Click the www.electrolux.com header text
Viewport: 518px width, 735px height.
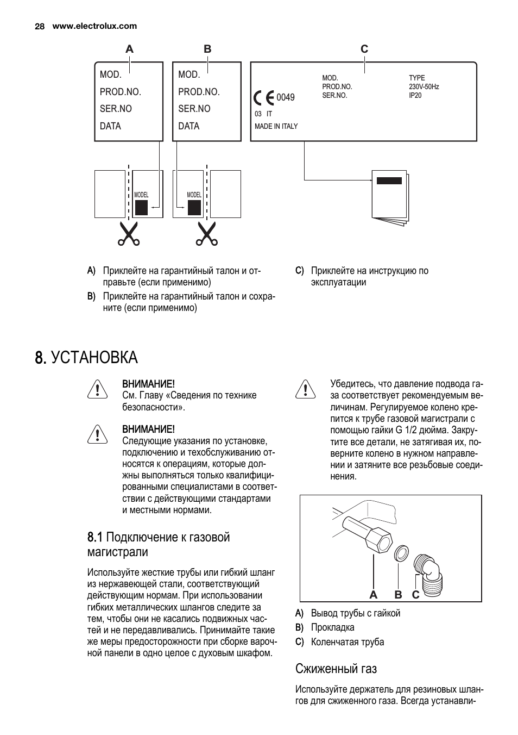click(94, 26)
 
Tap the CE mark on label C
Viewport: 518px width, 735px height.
click(264, 98)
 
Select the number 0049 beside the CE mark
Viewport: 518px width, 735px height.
click(286, 98)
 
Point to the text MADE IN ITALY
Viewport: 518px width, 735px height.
click(276, 126)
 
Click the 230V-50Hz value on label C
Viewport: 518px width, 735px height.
click(424, 86)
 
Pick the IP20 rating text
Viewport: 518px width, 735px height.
click(415, 95)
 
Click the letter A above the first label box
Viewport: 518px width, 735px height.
click(129, 49)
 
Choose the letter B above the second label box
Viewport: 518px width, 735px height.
click(207, 49)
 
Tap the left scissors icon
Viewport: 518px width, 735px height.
click(129, 234)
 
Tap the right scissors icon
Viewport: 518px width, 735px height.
click(207, 234)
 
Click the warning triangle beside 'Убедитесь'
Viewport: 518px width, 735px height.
click(306, 390)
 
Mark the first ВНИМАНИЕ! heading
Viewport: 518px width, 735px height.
click(148, 384)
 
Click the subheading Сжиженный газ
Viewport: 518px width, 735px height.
click(336, 668)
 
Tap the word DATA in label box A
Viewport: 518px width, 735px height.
click(110, 126)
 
